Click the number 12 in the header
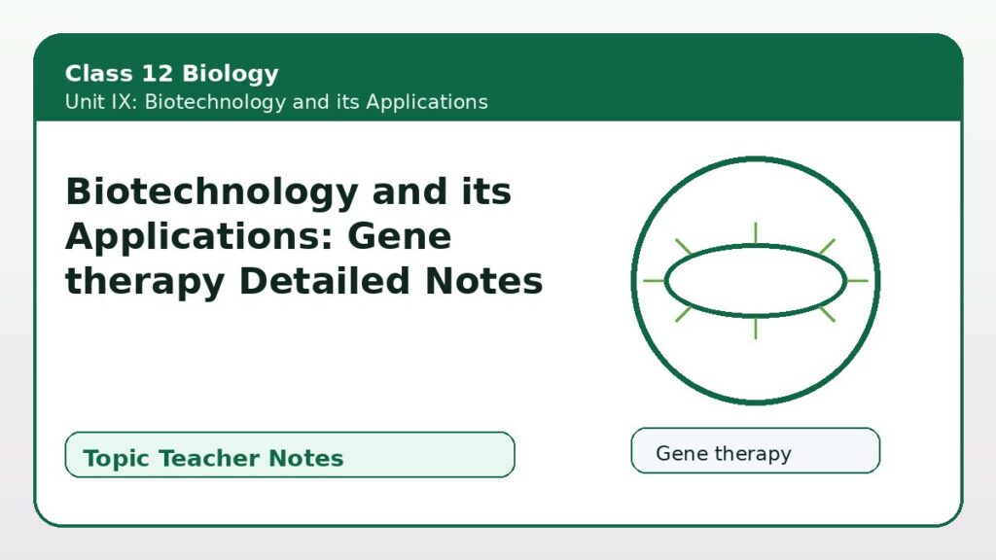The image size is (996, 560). (x=157, y=73)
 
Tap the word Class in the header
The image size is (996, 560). (x=99, y=73)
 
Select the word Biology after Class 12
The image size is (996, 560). (x=230, y=74)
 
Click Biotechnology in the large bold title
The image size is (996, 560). (x=212, y=192)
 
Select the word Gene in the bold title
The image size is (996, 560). (x=400, y=236)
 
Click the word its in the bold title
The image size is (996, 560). (x=486, y=192)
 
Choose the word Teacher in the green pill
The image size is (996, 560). (x=213, y=458)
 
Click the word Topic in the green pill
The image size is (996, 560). (x=118, y=459)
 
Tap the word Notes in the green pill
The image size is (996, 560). (x=305, y=458)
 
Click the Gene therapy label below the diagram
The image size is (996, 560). (x=724, y=453)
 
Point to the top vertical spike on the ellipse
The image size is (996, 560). (x=755, y=233)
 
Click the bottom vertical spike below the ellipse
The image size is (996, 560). (x=755, y=327)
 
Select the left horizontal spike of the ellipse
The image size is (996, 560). (x=655, y=281)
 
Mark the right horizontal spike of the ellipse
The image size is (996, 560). (x=857, y=281)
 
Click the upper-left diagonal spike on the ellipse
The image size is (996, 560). (x=683, y=247)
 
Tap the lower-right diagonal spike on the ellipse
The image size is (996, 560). (x=827, y=314)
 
